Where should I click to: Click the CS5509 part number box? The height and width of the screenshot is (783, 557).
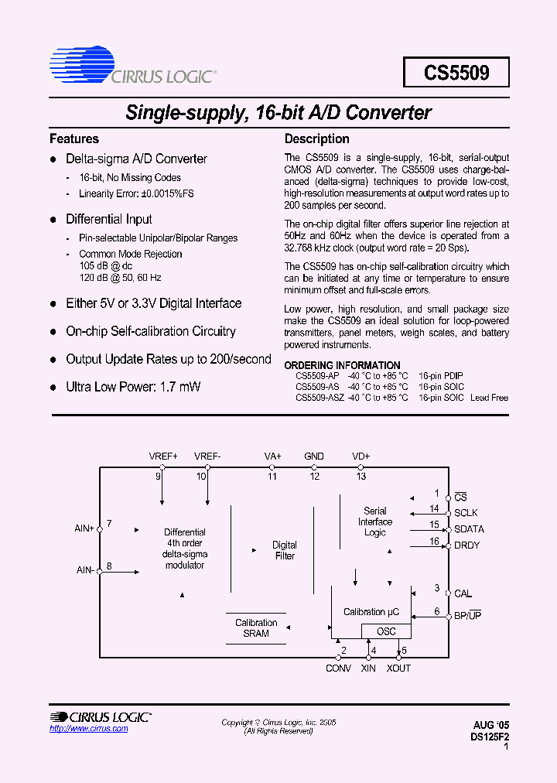click(456, 73)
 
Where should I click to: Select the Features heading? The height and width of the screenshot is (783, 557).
click(74, 139)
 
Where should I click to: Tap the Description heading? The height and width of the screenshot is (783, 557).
click(317, 139)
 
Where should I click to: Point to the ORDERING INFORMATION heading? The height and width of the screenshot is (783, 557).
click(343, 365)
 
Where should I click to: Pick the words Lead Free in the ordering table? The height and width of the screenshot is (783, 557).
click(489, 398)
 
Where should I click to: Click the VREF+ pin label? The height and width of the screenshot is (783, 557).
click(163, 456)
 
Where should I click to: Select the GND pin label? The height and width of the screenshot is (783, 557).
click(314, 456)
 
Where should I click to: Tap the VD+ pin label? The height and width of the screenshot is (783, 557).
click(361, 456)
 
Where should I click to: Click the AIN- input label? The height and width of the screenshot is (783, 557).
click(85, 570)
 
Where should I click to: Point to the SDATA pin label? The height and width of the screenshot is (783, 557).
click(469, 529)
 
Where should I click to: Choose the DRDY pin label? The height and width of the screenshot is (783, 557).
click(466, 545)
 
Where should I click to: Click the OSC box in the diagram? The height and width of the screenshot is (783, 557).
click(386, 631)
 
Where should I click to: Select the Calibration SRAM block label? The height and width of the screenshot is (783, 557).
click(256, 627)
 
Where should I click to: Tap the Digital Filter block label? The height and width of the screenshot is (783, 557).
click(285, 550)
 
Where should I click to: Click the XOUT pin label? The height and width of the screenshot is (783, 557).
click(399, 668)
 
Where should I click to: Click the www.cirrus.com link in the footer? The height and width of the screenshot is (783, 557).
click(89, 729)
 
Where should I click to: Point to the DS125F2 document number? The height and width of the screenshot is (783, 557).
click(490, 737)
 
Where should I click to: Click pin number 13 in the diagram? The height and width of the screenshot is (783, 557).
click(361, 477)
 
